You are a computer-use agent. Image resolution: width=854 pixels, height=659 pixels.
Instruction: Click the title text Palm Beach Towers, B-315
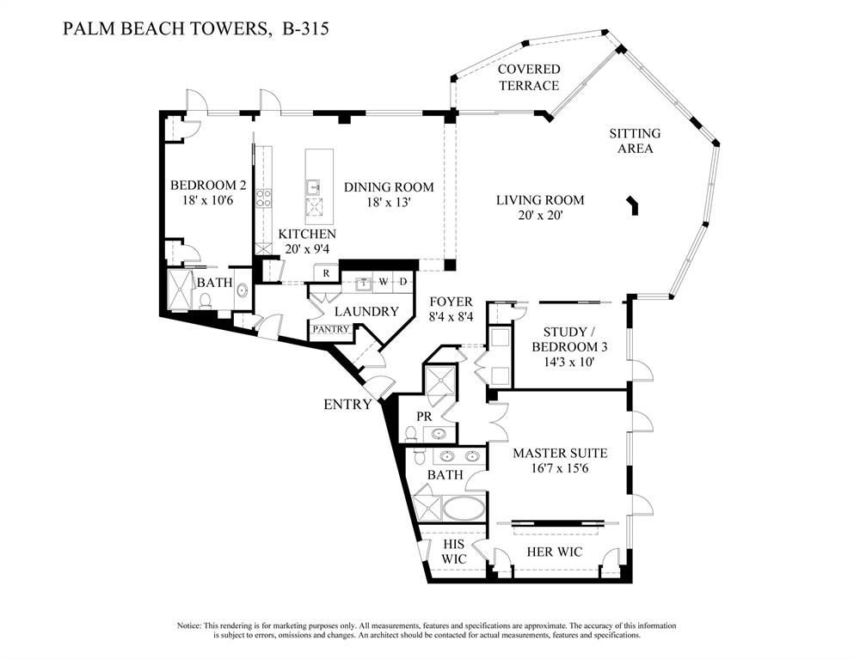(197, 29)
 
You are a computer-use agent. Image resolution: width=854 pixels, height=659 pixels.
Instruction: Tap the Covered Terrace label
(528, 77)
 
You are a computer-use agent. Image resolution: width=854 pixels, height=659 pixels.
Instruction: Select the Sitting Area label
(635, 141)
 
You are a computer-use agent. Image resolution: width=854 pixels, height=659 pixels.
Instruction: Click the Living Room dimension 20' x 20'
(539, 216)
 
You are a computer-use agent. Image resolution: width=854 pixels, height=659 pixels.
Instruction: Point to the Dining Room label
(389, 187)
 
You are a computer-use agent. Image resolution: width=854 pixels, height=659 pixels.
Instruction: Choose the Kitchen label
(306, 234)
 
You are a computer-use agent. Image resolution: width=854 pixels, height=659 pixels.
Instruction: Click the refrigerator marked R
(326, 274)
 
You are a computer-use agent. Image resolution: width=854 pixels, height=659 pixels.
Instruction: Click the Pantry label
(330, 329)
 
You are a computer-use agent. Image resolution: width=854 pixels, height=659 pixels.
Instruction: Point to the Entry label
(347, 405)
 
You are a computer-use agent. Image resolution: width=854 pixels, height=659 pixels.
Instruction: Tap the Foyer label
(452, 302)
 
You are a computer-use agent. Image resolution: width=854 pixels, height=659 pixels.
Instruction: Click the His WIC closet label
(453, 552)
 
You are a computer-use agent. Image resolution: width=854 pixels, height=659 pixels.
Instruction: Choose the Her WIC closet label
(551, 552)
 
